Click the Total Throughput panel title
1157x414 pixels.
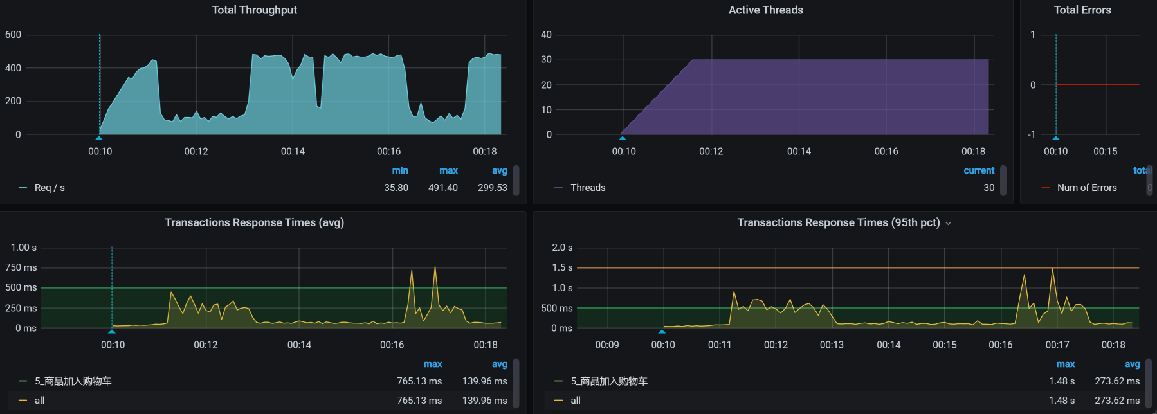point(254,10)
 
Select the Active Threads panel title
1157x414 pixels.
point(765,10)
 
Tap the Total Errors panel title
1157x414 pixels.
point(1082,10)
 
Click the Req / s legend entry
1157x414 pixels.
point(50,188)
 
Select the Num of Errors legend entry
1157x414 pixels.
point(1086,188)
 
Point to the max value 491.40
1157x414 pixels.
point(443,188)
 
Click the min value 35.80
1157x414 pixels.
point(396,188)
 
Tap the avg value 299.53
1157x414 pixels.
point(492,188)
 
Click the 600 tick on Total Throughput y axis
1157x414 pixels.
point(13,35)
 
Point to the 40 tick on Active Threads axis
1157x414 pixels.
point(546,35)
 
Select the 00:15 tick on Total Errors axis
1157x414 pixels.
point(1105,151)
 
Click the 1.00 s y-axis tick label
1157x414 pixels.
point(24,248)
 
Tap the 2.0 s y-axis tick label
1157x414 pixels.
point(562,248)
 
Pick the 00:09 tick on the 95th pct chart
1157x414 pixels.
point(606,345)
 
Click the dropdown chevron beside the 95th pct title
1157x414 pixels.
point(948,223)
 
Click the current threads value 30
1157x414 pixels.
point(988,188)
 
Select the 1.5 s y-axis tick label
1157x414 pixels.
point(562,267)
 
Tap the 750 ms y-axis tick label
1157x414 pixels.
point(21,267)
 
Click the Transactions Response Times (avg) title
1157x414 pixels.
point(254,222)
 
